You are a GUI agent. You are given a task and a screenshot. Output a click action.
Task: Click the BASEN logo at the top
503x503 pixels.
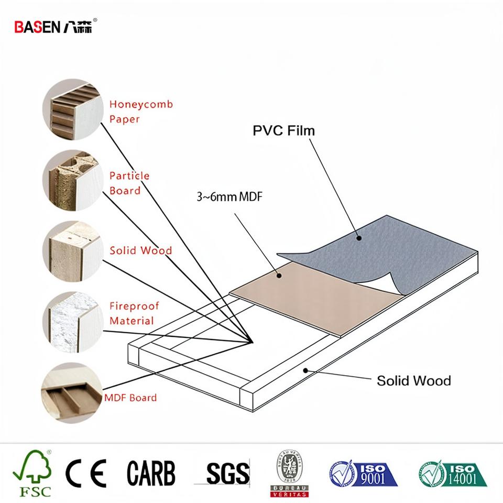coord(54,27)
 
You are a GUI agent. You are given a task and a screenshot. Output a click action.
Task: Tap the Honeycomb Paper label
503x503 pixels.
coord(140,112)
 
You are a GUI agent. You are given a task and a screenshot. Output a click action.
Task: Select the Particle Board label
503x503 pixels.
coord(129,183)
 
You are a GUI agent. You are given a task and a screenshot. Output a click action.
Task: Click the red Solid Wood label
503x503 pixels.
coord(140,250)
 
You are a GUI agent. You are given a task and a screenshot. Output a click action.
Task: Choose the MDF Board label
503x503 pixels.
coord(130,398)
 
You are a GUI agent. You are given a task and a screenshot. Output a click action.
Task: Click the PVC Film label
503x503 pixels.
coord(284,130)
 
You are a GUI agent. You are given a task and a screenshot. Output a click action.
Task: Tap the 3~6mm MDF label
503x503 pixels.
coord(229,198)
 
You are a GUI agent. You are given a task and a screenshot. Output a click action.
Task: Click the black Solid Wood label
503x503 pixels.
coord(413,380)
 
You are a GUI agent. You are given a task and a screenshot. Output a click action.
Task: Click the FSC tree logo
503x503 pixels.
coord(32,473)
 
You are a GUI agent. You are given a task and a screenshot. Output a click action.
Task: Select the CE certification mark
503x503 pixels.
coord(85,473)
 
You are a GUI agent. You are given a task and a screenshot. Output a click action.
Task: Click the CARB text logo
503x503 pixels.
coord(151,473)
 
